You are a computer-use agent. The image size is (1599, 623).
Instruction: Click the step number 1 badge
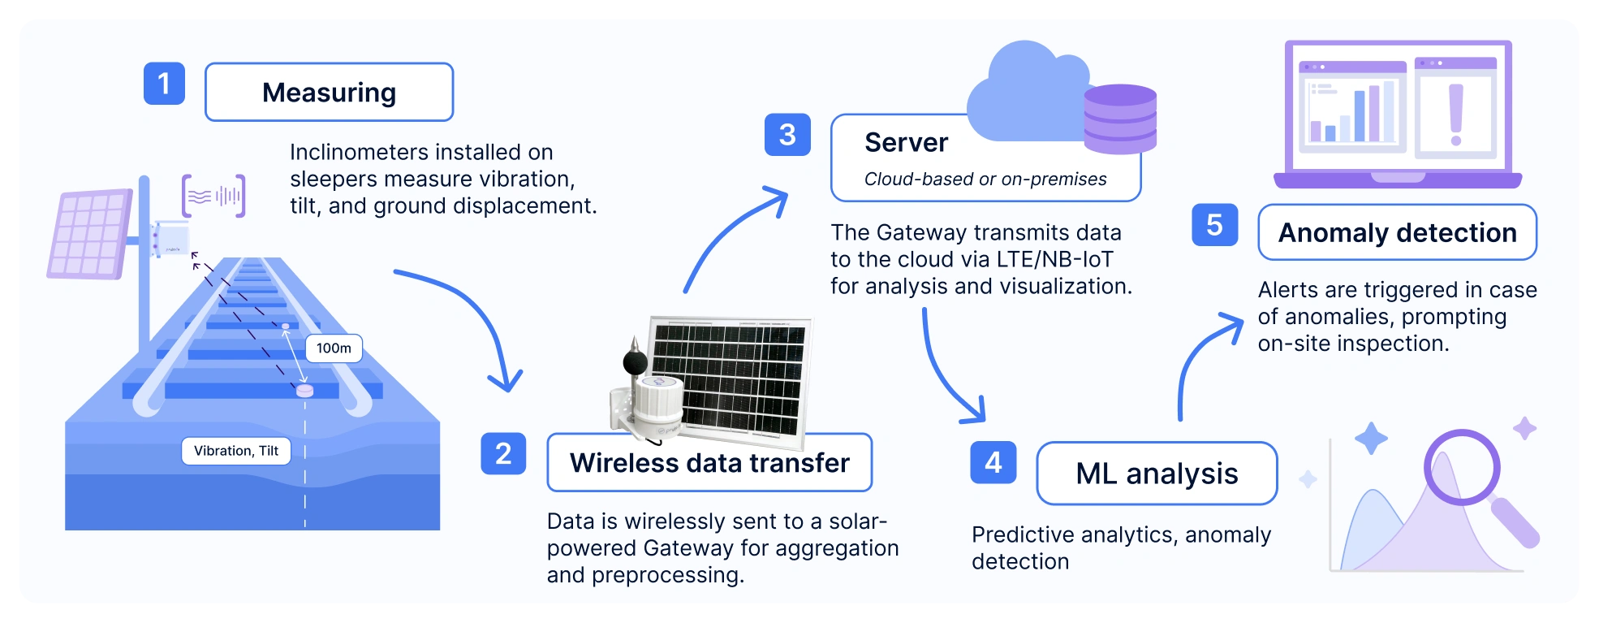point(164,84)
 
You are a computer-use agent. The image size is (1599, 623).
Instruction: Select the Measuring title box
point(329,93)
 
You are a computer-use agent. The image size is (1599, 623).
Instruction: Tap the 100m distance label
point(334,348)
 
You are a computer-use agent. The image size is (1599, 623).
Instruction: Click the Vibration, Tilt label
point(236,451)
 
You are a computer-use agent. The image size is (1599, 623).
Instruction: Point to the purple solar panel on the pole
point(89,233)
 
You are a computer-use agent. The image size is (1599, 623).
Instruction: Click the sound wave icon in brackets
point(213,196)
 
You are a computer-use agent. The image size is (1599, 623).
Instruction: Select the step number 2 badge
point(503,453)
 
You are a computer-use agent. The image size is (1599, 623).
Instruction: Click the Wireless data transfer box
point(709,463)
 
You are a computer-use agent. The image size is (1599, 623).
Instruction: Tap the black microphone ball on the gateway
point(635,360)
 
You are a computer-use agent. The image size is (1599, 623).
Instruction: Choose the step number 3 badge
point(787,135)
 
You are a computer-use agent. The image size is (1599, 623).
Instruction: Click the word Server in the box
point(906,143)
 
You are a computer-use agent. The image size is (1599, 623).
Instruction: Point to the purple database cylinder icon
point(1120,119)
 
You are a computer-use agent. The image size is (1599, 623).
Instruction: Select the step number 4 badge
point(993,462)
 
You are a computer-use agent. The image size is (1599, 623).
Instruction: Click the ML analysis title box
point(1157,474)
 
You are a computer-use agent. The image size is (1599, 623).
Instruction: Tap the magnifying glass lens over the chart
point(1461,467)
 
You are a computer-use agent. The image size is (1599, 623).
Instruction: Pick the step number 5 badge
point(1214,225)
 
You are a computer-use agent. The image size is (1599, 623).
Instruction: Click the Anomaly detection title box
point(1397,233)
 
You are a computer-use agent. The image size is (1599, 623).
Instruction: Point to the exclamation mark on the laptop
point(1455,114)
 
